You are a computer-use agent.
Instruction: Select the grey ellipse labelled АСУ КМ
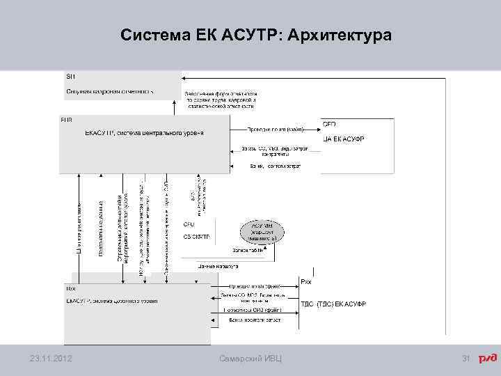(260, 231)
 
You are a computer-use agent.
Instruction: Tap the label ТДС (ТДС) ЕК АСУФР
(333, 304)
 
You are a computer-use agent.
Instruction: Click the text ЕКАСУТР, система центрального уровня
(144, 132)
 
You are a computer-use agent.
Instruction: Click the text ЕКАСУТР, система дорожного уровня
(111, 301)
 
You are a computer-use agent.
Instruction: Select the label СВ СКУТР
(197, 237)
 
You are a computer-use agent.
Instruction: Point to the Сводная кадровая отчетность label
(110, 91)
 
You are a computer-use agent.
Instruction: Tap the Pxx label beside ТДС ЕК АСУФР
(306, 281)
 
